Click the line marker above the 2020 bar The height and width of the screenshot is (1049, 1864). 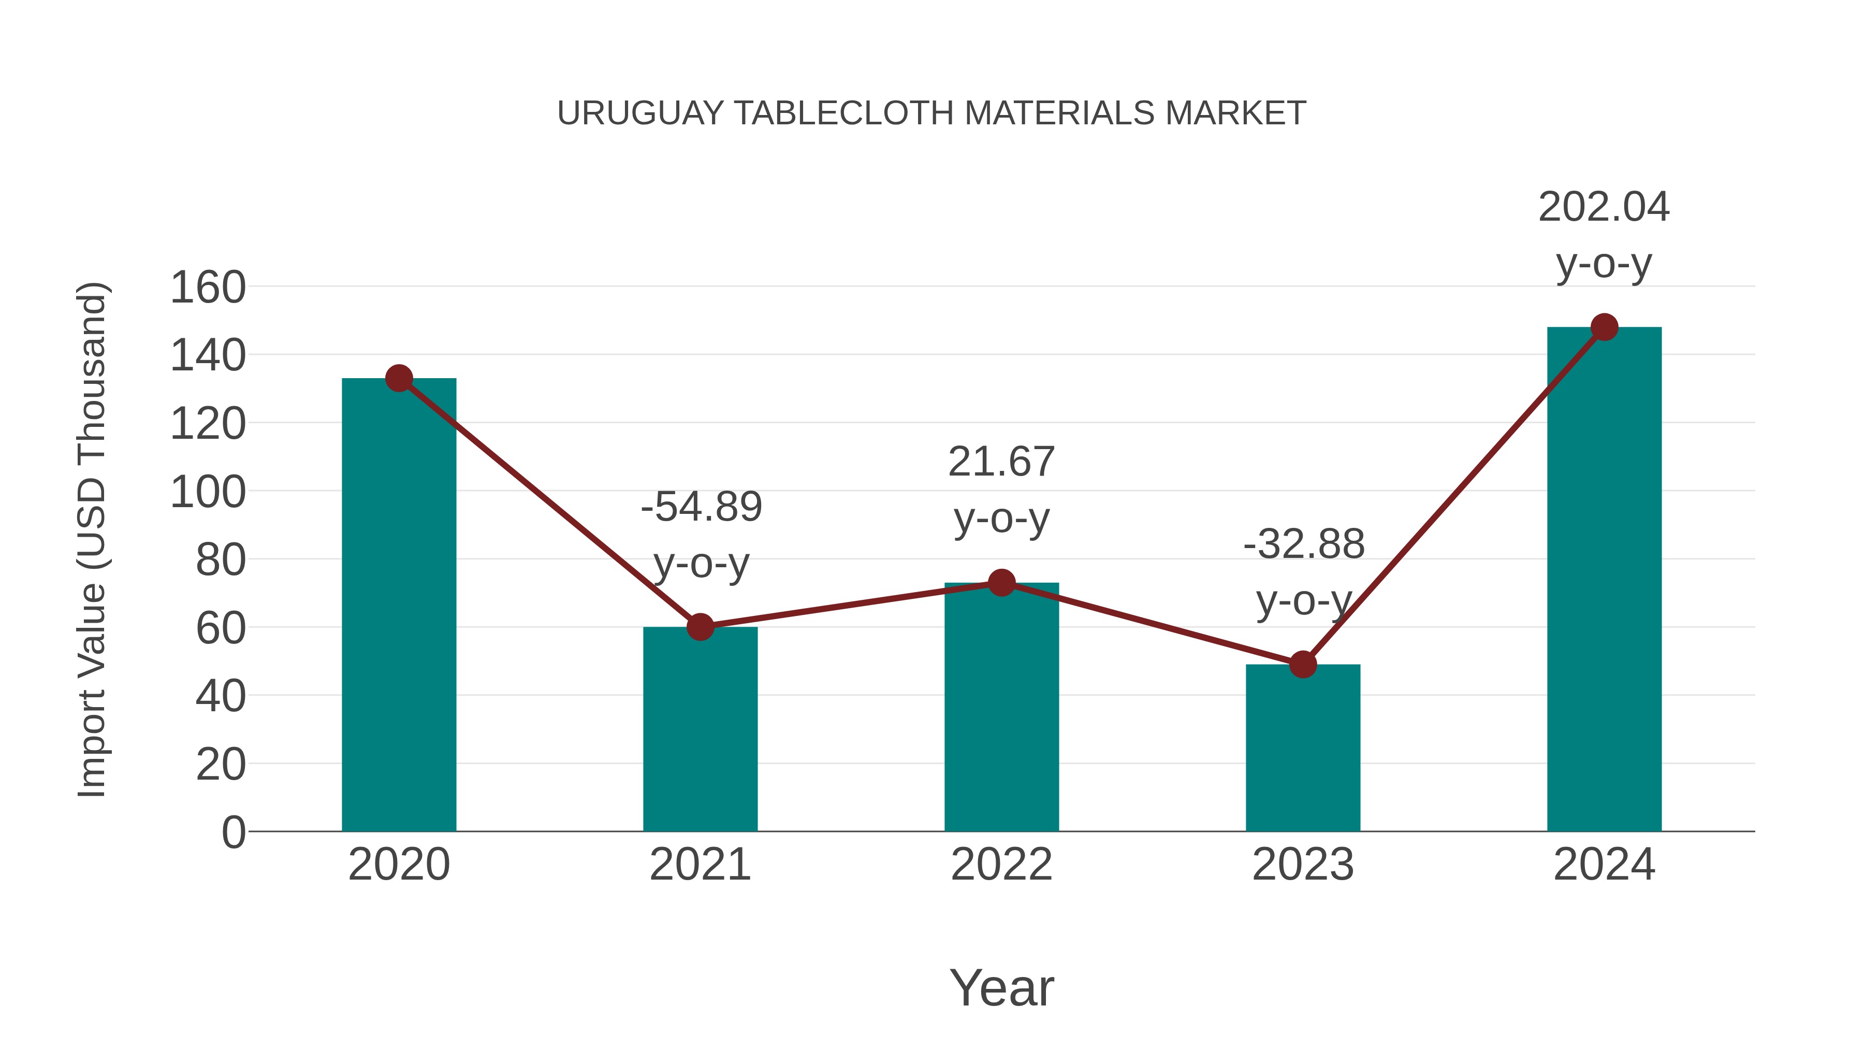[399, 378]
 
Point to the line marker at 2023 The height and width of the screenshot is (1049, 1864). [1303, 664]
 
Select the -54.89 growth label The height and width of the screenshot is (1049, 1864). [701, 506]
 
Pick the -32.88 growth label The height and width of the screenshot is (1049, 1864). [1304, 544]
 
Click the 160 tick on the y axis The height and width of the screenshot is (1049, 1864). [208, 288]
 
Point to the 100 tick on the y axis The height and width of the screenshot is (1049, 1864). [208, 492]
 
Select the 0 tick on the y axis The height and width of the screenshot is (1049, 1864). [233, 832]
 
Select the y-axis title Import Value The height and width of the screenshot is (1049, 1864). [93, 539]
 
